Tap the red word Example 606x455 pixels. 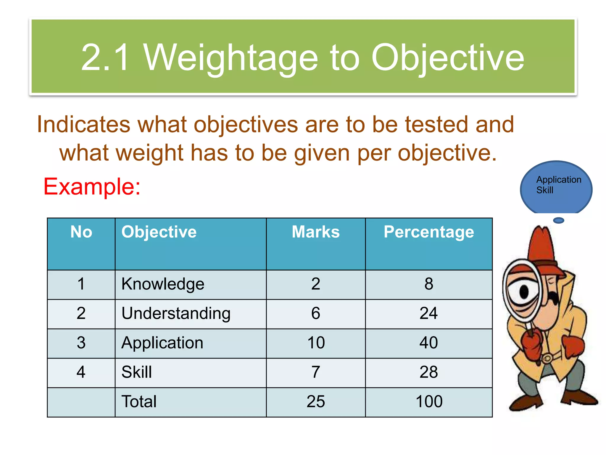click(x=92, y=187)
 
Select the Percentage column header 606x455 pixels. click(x=429, y=232)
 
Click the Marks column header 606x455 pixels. click(x=316, y=232)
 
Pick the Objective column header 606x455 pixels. click(x=159, y=232)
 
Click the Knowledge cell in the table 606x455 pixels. click(x=163, y=284)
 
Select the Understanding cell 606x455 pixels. click(x=176, y=313)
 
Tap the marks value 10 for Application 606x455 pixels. click(x=316, y=343)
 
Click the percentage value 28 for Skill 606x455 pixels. click(x=429, y=372)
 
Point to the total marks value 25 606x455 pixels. click(x=316, y=402)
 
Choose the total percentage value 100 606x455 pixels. click(x=429, y=402)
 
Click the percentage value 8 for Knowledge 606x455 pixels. click(x=429, y=284)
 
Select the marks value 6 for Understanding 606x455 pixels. click(x=316, y=313)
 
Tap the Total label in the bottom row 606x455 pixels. click(x=139, y=402)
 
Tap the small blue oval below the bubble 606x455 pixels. click(x=559, y=220)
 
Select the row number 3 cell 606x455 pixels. click(x=81, y=343)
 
